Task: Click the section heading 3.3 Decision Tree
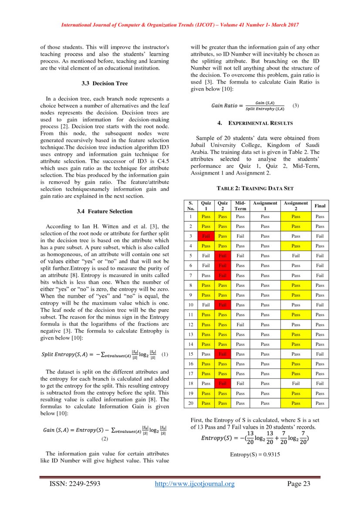[104, 83]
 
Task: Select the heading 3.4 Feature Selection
[104, 211]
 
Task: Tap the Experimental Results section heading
[255, 123]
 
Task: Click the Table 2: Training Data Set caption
[255, 189]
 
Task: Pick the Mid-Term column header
[240, 206]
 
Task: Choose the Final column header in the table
[320, 206]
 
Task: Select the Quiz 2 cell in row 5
[222, 256]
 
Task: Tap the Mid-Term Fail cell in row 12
[240, 325]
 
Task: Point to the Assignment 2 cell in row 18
[296, 384]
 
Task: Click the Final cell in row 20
[320, 403]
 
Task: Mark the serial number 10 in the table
[190, 305]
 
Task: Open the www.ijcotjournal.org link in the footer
[195, 484]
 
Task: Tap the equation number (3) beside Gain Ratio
[295, 105]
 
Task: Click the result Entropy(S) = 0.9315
[255, 454]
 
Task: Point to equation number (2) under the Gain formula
[104, 439]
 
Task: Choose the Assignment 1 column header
[265, 206]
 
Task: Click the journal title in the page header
[180, 25]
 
